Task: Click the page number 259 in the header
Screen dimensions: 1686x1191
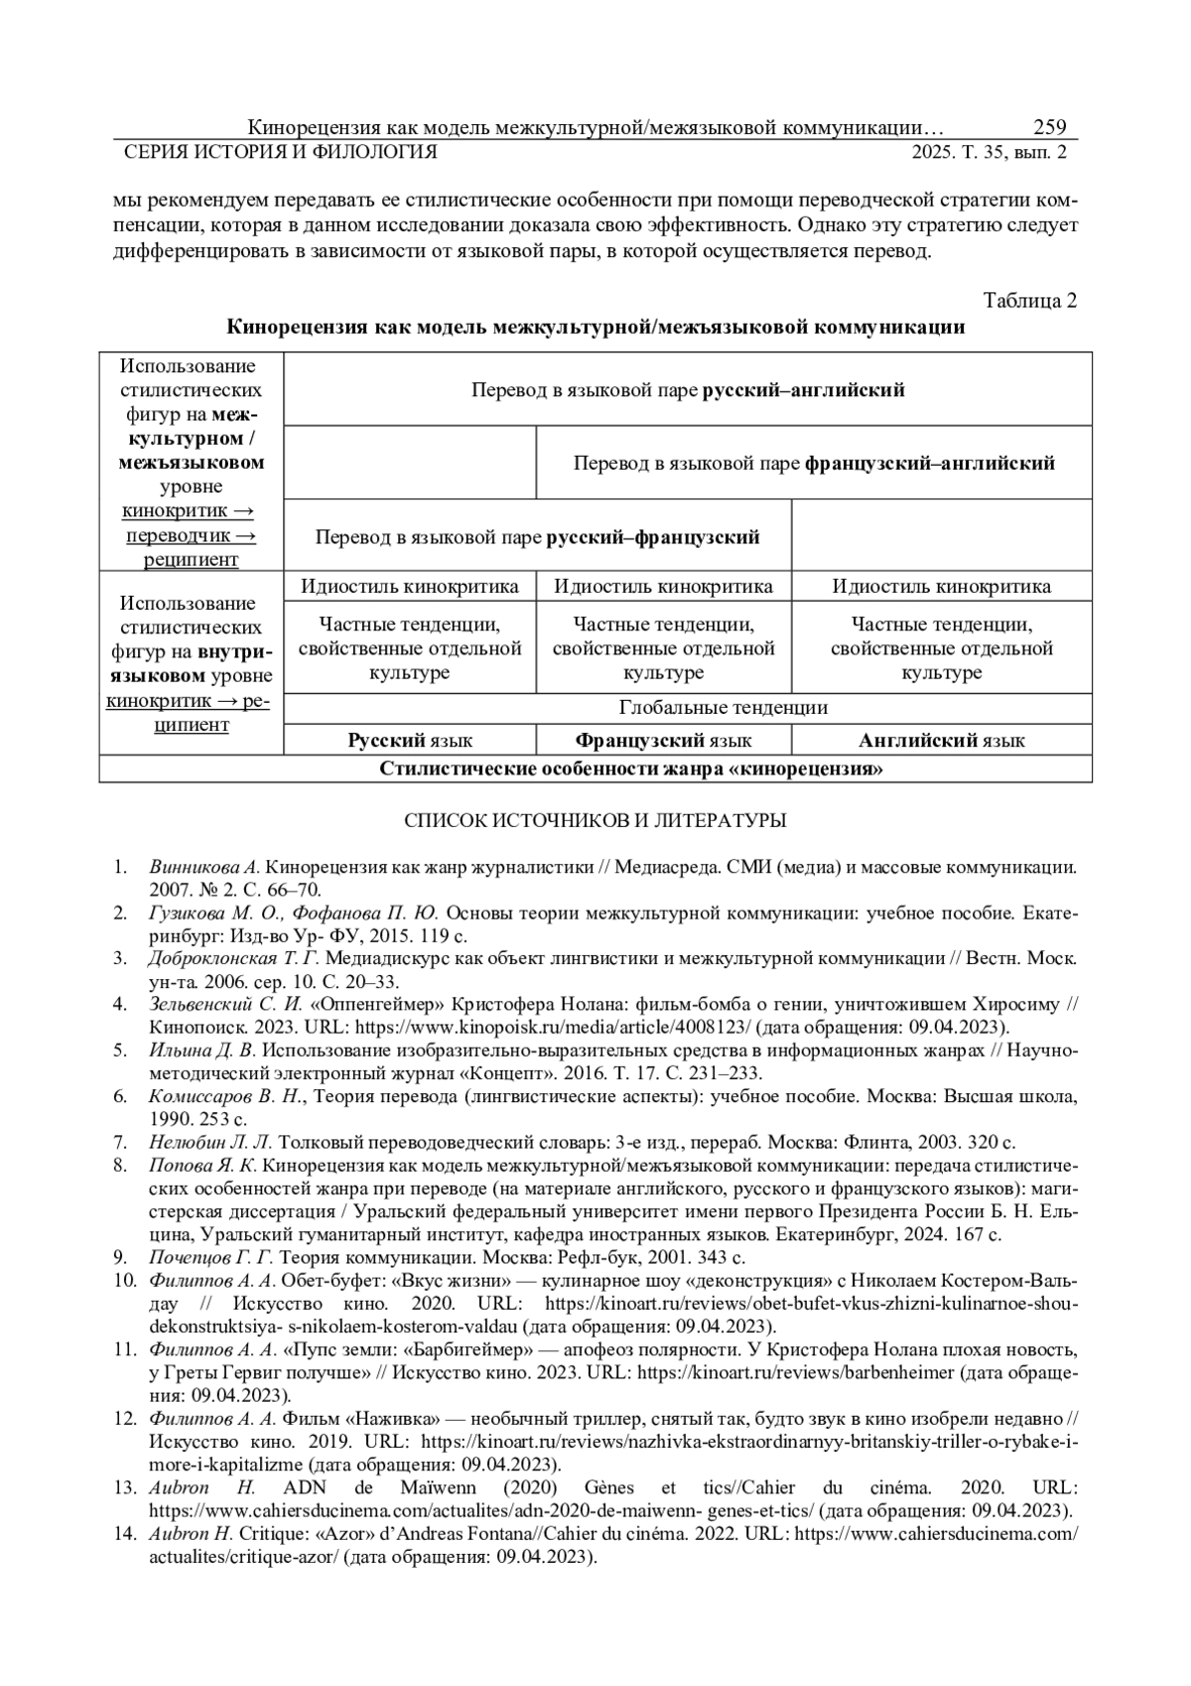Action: (x=1049, y=127)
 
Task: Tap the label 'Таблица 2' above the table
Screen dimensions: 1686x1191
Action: (x=1029, y=301)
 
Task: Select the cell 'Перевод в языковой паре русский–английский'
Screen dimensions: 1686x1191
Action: (x=688, y=390)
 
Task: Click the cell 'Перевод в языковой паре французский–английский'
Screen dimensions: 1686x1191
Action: (x=814, y=464)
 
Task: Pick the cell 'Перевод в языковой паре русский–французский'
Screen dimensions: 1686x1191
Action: (x=537, y=537)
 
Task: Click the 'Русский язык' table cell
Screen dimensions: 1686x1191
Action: (x=409, y=741)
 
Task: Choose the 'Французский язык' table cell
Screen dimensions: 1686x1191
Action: (x=663, y=741)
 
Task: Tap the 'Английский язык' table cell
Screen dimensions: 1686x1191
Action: (x=941, y=741)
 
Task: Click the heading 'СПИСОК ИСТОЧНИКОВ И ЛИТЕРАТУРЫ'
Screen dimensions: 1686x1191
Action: (x=595, y=821)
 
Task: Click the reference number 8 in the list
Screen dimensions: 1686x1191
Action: (x=120, y=1164)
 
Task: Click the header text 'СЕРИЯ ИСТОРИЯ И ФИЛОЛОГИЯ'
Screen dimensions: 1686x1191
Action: (x=279, y=152)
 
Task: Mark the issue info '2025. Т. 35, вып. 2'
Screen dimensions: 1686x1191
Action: (x=990, y=152)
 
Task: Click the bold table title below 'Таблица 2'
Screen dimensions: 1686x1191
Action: (x=595, y=328)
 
